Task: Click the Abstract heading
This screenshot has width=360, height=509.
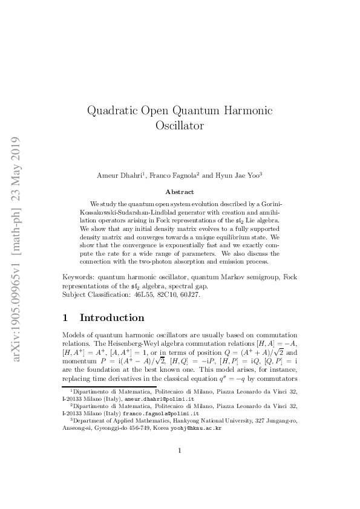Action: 179,192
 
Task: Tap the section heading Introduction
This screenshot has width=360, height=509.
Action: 112,318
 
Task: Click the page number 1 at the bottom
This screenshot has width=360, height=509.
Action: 180,467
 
